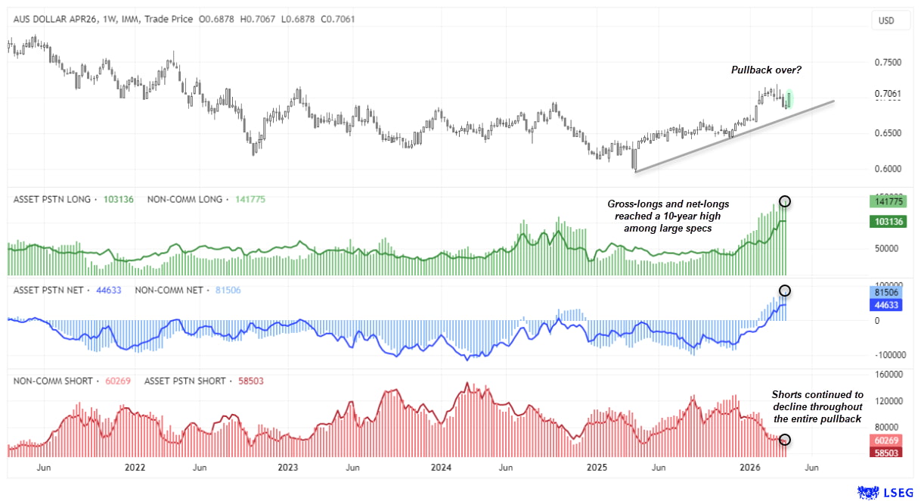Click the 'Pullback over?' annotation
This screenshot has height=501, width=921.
766,70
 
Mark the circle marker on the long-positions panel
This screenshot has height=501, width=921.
785,201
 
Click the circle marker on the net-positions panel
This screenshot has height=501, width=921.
785,291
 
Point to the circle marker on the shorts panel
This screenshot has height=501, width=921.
785,440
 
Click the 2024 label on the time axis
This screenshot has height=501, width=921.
441,468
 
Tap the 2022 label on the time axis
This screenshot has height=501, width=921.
135,468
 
